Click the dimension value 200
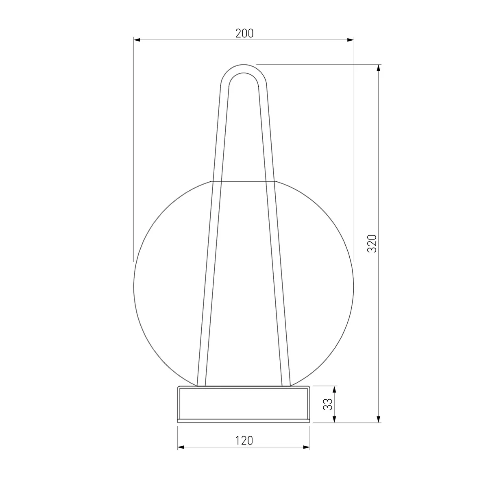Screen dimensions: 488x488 pyautogui.click(x=244, y=33)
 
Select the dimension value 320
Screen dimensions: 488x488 pyautogui.click(x=372, y=243)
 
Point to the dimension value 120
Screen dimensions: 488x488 pyautogui.click(x=244, y=441)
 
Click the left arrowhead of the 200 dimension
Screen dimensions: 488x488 pyautogui.click(x=137, y=40)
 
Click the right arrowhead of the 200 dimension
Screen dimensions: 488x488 pyautogui.click(x=351, y=40)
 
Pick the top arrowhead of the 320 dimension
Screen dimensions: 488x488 pyautogui.click(x=379, y=68)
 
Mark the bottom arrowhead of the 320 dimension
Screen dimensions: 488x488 pyautogui.click(x=379, y=419)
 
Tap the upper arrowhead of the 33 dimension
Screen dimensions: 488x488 pyautogui.click(x=335, y=390)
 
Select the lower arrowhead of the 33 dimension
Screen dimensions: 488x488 pyautogui.click(x=335, y=419)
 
